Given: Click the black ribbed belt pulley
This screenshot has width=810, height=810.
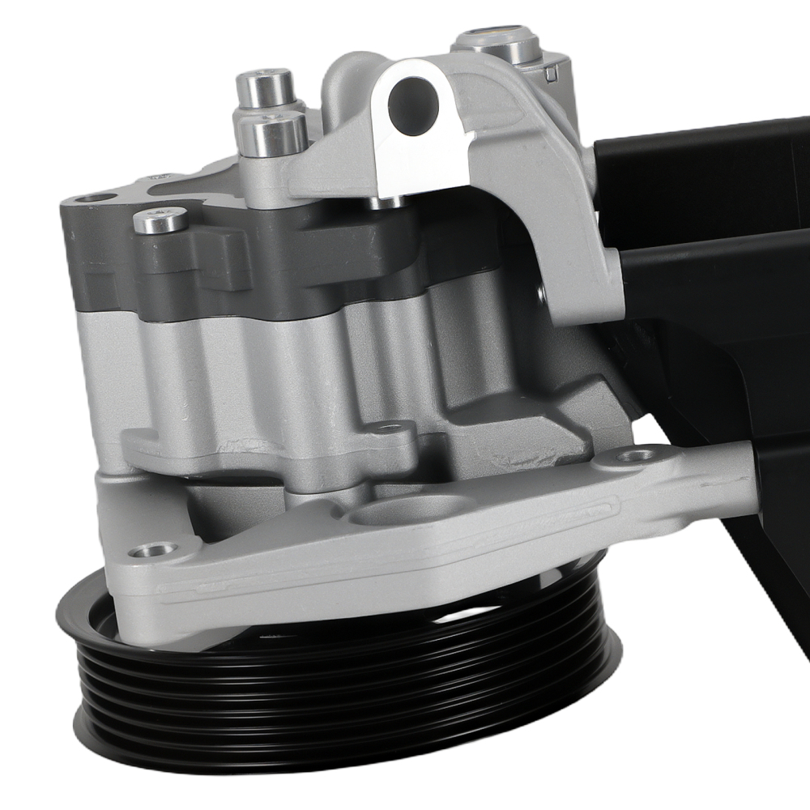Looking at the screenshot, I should coord(348,697).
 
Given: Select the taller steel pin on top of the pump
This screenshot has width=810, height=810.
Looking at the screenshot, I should coord(264,89).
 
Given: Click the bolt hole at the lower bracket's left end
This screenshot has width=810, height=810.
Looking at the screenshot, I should coord(151,551).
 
